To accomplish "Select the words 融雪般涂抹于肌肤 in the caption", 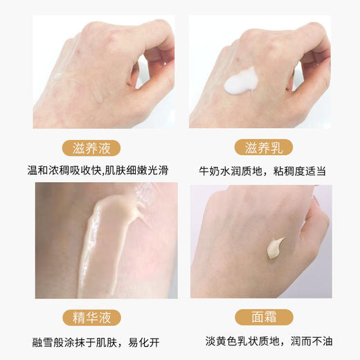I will point(72,341).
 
